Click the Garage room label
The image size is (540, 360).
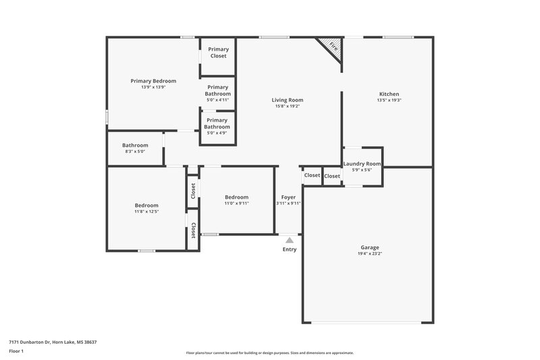pos(369,247)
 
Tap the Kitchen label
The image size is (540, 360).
pos(389,94)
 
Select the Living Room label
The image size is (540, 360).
pos(287,100)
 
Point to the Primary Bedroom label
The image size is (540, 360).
pos(153,81)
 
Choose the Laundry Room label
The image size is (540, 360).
pos(362,163)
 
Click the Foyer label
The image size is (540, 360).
pos(288,197)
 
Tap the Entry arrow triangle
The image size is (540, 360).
pos(289,239)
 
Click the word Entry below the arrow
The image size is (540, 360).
pos(289,249)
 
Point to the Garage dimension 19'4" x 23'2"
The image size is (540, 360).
pos(369,254)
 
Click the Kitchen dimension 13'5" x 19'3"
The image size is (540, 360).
pos(389,100)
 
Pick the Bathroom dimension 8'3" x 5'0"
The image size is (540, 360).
pos(135,151)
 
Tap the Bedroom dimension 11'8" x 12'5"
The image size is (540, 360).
pos(146,211)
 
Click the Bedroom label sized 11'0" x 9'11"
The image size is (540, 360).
pos(236,197)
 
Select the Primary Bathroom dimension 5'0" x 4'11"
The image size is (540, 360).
pos(217,100)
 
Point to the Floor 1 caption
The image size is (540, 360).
pos(16,352)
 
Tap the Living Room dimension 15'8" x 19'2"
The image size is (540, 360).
pos(287,106)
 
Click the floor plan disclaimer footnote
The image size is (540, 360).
pos(269,353)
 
